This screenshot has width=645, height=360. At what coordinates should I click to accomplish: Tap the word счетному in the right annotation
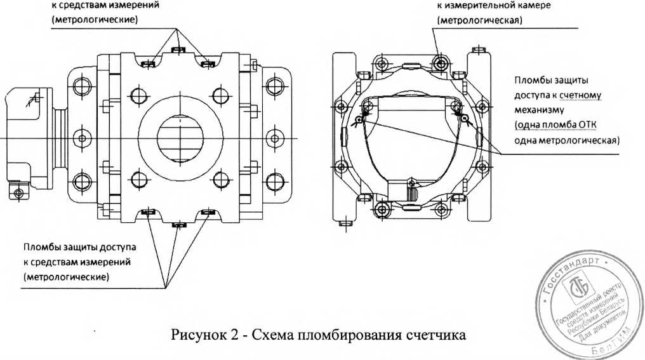pos(579,95)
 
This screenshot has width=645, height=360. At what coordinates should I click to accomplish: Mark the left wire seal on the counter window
pos(359,118)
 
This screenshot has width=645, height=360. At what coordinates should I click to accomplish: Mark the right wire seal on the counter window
pos(465,118)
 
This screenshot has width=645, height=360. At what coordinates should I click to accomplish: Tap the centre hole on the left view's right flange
pos(273,137)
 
